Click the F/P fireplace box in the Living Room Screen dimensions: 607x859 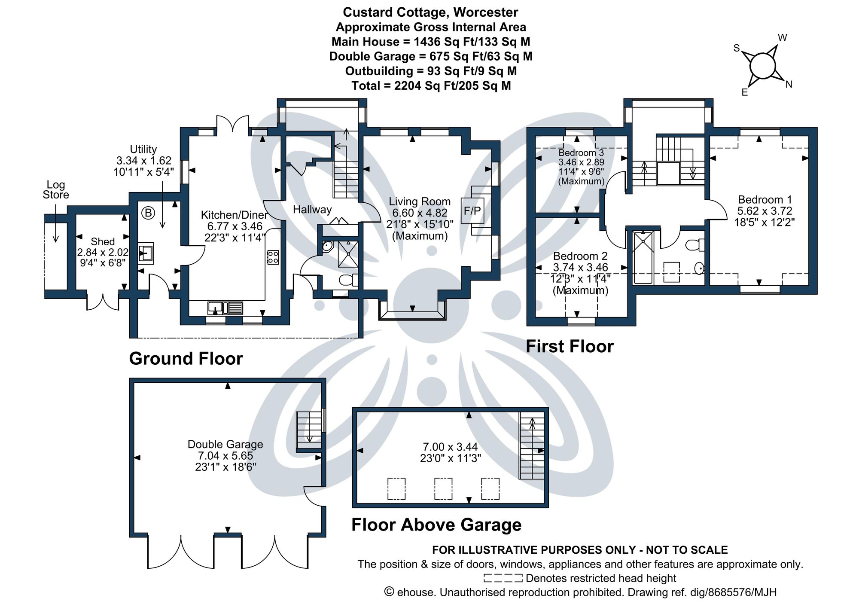(x=472, y=210)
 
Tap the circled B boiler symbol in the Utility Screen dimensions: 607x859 (x=148, y=213)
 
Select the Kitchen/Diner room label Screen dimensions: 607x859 (x=234, y=215)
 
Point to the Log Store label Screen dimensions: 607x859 (x=55, y=189)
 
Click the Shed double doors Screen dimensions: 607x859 (x=103, y=301)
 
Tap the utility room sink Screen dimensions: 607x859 (x=146, y=253)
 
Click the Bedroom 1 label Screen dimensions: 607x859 (x=765, y=200)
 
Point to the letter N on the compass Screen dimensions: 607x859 (x=789, y=85)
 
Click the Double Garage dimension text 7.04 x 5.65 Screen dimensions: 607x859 (x=225, y=456)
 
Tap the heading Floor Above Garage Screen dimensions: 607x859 (x=436, y=525)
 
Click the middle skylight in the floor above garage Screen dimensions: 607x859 (x=443, y=488)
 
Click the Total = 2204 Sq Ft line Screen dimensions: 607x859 (x=431, y=86)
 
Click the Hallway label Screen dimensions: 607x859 (x=312, y=210)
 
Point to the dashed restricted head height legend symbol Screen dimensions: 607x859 (x=503, y=578)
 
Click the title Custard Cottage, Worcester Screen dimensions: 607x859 (x=430, y=12)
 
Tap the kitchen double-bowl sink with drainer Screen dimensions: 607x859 (x=225, y=308)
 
